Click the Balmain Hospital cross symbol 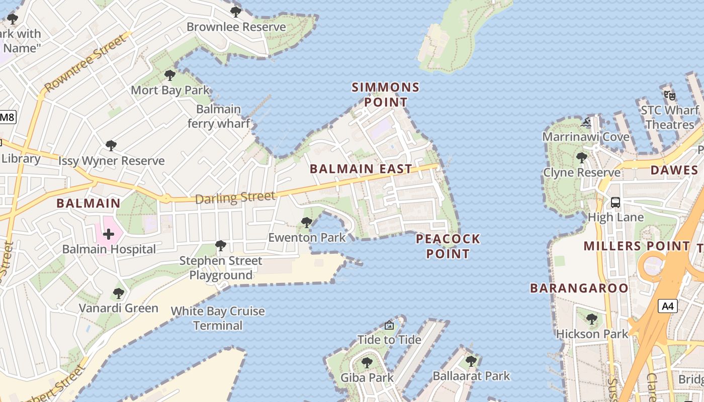tap(109, 234)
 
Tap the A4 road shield tap(668, 306)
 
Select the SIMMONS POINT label tap(386, 94)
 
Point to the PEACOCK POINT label tap(448, 246)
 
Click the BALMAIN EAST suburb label tap(361, 169)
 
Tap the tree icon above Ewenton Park tap(306, 223)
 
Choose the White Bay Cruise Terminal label tap(218, 318)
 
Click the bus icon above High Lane tap(615, 203)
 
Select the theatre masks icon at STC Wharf tap(669, 95)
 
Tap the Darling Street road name tap(235, 197)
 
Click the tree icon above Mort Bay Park tap(170, 76)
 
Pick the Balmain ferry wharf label tap(219, 116)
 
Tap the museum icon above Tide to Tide tap(389, 326)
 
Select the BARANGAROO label tap(579, 288)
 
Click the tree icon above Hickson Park tap(592, 319)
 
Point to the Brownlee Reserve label tap(236, 27)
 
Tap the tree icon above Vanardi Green tap(119, 293)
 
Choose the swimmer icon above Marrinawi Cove tap(586, 122)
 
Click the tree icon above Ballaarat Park tap(471, 361)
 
